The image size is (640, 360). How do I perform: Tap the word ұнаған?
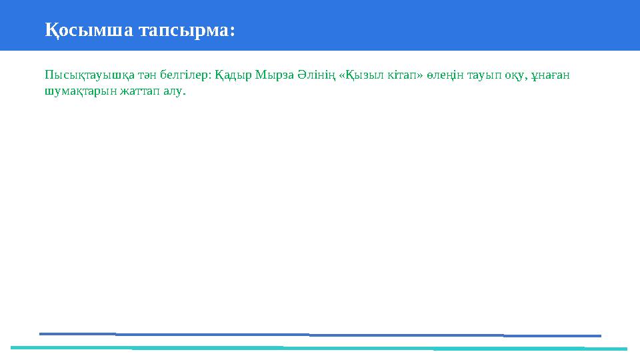point(554,75)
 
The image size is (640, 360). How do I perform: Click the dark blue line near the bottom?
point(320,334)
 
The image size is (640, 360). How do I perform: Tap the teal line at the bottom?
point(320,348)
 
